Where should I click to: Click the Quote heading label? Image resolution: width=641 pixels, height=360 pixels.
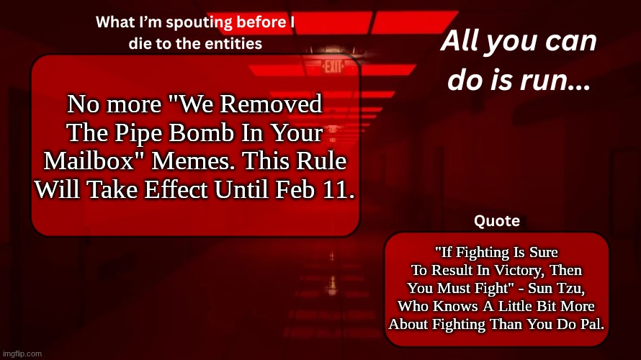(498, 221)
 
